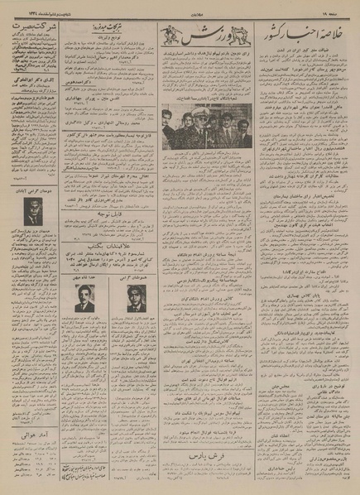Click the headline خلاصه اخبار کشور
312,40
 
